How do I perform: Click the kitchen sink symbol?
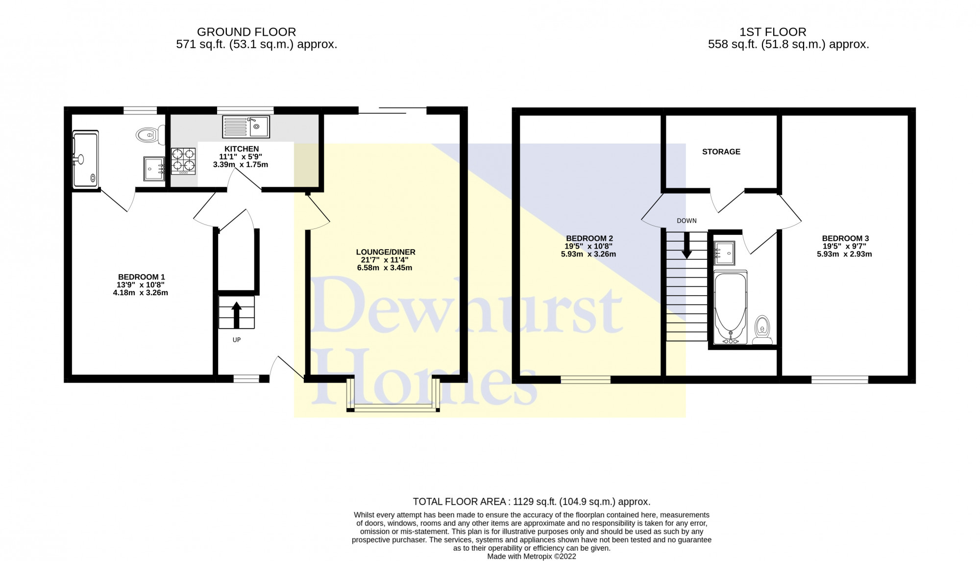tap(246, 127)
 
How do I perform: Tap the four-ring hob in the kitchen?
tap(183, 161)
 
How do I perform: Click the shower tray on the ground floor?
tap(86, 159)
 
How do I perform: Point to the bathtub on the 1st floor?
tap(731, 307)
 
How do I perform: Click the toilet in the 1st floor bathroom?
tap(762, 330)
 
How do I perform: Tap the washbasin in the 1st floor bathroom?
tap(724, 253)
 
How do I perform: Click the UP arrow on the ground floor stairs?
tap(237, 315)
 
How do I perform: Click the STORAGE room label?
tap(721, 152)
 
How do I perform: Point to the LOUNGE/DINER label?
tap(386, 252)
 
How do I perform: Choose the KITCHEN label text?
tap(242, 149)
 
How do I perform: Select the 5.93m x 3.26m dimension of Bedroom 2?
tap(588, 255)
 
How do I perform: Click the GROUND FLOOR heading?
tap(246, 32)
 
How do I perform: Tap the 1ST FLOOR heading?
tap(773, 32)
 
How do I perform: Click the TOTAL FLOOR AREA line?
tap(532, 502)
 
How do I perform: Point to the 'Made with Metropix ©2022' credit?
tap(532, 557)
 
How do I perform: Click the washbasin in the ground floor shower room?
tap(154, 169)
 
